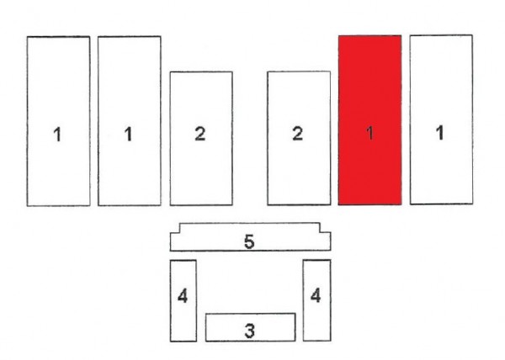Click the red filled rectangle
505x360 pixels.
click(369, 120)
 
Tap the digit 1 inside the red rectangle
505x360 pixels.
click(370, 133)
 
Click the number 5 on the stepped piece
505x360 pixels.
click(249, 241)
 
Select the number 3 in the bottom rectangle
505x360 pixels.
click(250, 331)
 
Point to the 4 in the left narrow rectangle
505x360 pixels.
click(183, 296)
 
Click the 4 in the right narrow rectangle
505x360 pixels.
click(316, 295)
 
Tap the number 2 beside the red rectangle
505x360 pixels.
click(298, 134)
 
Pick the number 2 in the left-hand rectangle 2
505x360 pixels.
click(200, 134)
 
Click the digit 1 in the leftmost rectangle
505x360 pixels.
click(57, 134)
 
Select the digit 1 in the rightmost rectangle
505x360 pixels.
click(439, 133)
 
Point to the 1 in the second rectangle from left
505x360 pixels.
click(128, 134)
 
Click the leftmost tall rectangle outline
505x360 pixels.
click(27, 121)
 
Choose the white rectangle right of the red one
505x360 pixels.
click(410, 119)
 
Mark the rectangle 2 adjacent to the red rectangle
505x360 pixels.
click(268, 138)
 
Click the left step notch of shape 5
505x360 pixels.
click(179, 233)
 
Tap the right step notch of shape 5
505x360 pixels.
click(320, 232)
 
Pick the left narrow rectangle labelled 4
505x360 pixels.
click(170, 300)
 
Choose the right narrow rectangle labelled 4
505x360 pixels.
click(303, 299)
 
